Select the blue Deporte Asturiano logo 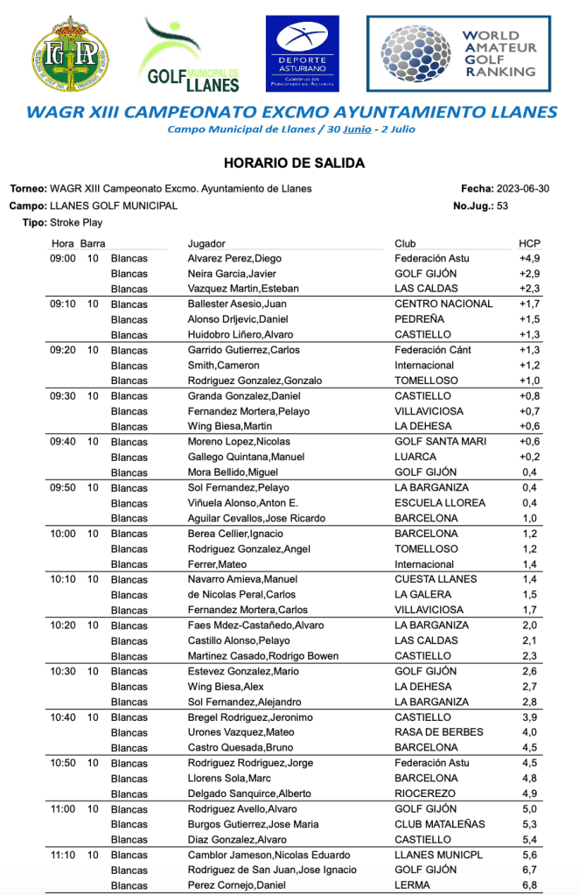[302, 53]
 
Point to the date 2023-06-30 [522, 189]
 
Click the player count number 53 [502, 206]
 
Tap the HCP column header [529, 243]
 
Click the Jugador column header [206, 243]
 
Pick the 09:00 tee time [62, 259]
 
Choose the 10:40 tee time [62, 717]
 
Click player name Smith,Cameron [224, 366]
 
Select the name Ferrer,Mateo [217, 564]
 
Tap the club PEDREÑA [419, 319]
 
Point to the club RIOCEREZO [425, 794]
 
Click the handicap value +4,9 [529, 259]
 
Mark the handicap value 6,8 [531, 885]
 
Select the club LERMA [412, 885]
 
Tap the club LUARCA [415, 458]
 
